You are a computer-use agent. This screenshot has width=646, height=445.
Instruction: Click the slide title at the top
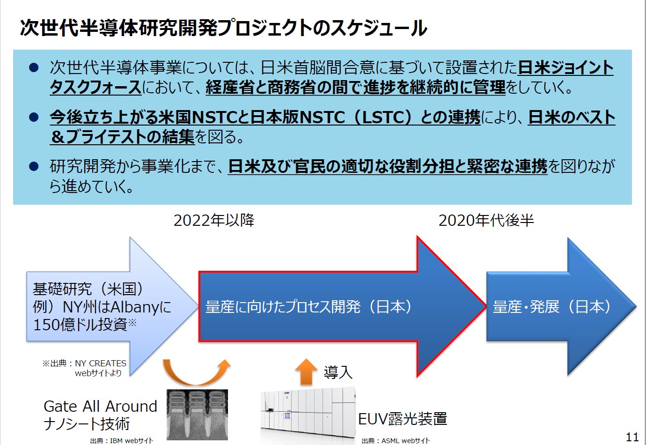coord(223,28)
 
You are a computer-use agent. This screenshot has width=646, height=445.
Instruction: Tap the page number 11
coord(632,437)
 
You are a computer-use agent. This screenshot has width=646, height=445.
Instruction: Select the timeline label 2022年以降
coord(214,220)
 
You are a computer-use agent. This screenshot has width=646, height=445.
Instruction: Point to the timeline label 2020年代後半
coord(486,220)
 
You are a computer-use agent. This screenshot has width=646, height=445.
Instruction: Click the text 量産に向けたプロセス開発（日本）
coord(308,306)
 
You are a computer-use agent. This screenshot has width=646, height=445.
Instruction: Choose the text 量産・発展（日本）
coord(552,306)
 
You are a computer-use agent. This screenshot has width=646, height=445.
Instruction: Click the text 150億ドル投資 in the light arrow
coord(80,324)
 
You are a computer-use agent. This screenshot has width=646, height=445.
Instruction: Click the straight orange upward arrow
coord(306,372)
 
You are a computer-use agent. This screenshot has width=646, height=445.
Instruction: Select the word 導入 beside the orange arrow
coord(338,372)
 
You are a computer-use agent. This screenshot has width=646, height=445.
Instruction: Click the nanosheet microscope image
coord(197,415)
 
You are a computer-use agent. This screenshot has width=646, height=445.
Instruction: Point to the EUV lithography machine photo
coord(308,414)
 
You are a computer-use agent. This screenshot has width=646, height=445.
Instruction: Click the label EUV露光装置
coord(403,419)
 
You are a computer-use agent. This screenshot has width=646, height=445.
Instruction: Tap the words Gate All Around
coord(100,406)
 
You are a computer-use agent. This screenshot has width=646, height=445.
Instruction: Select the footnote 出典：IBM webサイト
coord(122,441)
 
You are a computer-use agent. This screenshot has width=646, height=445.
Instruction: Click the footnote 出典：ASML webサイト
coord(396,441)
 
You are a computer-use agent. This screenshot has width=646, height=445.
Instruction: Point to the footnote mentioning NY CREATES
coord(84,368)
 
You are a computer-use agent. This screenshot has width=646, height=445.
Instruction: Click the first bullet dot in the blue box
coord(34,68)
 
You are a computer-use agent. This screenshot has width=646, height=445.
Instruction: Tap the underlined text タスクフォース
coord(95,87)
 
